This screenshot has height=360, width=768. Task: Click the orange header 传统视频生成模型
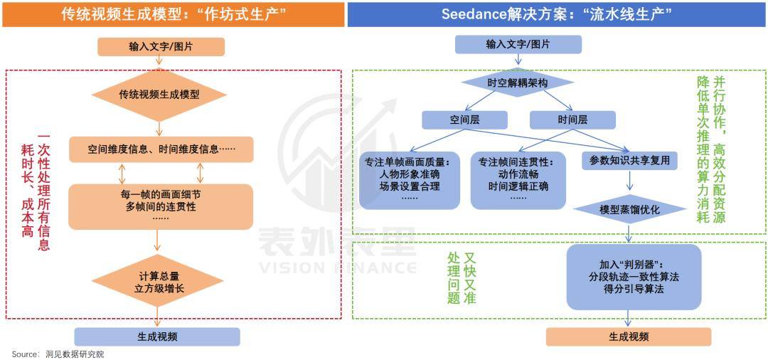tap(173, 14)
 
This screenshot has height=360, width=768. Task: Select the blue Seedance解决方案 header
tap(557, 14)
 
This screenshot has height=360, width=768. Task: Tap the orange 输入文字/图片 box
tap(161, 47)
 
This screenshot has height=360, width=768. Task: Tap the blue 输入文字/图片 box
tap(518, 44)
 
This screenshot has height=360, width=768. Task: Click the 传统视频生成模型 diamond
tap(159, 94)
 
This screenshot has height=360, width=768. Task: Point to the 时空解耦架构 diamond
tap(518, 83)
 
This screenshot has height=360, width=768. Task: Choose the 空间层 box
tap(464, 120)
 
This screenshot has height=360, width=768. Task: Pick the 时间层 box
tap(572, 120)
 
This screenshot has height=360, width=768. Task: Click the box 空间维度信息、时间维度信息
tap(161, 150)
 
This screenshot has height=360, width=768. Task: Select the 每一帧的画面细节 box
tap(161, 206)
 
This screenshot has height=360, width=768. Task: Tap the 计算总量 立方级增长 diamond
tap(161, 282)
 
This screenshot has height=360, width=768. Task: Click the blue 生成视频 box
tap(157, 337)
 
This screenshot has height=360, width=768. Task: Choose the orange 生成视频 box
tap(629, 337)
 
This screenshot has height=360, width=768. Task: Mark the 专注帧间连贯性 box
tap(518, 180)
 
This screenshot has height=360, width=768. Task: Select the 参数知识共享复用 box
tap(629, 161)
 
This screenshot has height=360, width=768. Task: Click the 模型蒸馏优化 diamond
tap(629, 210)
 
